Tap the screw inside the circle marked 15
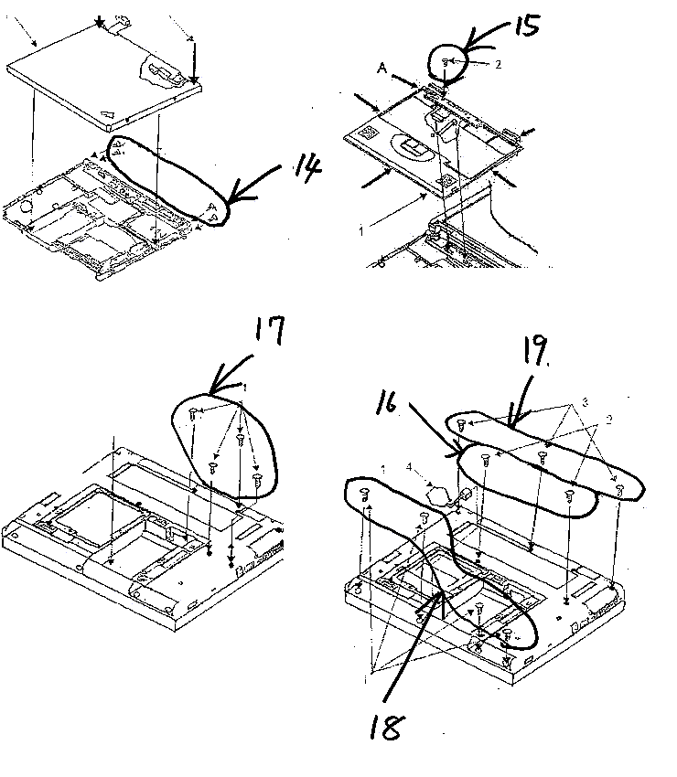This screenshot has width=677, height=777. click(x=446, y=61)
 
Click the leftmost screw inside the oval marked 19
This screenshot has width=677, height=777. click(x=464, y=424)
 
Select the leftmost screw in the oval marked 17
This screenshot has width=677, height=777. click(x=194, y=414)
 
